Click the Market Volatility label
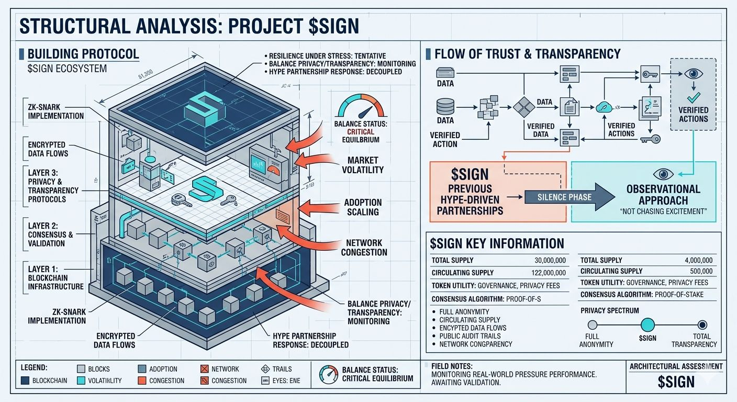click(x=363, y=164)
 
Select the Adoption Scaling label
click(x=363, y=207)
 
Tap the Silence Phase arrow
click(x=564, y=197)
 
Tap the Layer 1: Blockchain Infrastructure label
click(x=55, y=277)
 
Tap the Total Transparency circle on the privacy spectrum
click(x=702, y=325)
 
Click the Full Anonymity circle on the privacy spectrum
click(x=593, y=325)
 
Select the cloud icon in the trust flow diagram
click(x=603, y=107)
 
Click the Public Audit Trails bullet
click(x=470, y=336)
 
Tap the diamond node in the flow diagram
click(x=522, y=107)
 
